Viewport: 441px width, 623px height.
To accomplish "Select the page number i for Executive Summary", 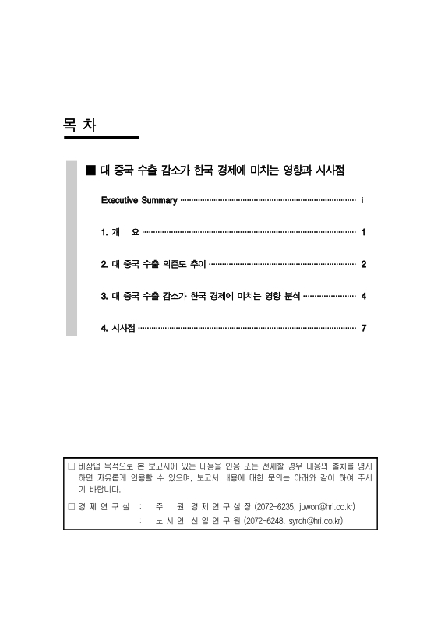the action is click(364, 201).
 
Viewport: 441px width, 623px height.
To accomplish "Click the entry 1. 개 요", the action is click(120, 233).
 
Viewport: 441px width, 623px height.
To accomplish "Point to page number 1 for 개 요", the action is click(364, 233).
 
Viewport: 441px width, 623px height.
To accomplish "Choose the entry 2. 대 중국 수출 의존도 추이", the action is click(153, 265).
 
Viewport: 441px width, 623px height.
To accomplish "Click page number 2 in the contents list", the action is click(364, 265).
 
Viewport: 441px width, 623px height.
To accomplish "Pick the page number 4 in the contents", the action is click(364, 297).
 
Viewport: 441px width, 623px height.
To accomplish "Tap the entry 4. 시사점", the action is click(118, 329).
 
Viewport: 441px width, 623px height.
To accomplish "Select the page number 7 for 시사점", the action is click(364, 329).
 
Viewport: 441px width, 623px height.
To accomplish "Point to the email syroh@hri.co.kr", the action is click(316, 520).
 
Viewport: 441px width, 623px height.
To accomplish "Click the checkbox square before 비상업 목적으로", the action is click(72, 466).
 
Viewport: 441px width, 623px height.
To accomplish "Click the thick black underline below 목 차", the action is click(101, 138).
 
